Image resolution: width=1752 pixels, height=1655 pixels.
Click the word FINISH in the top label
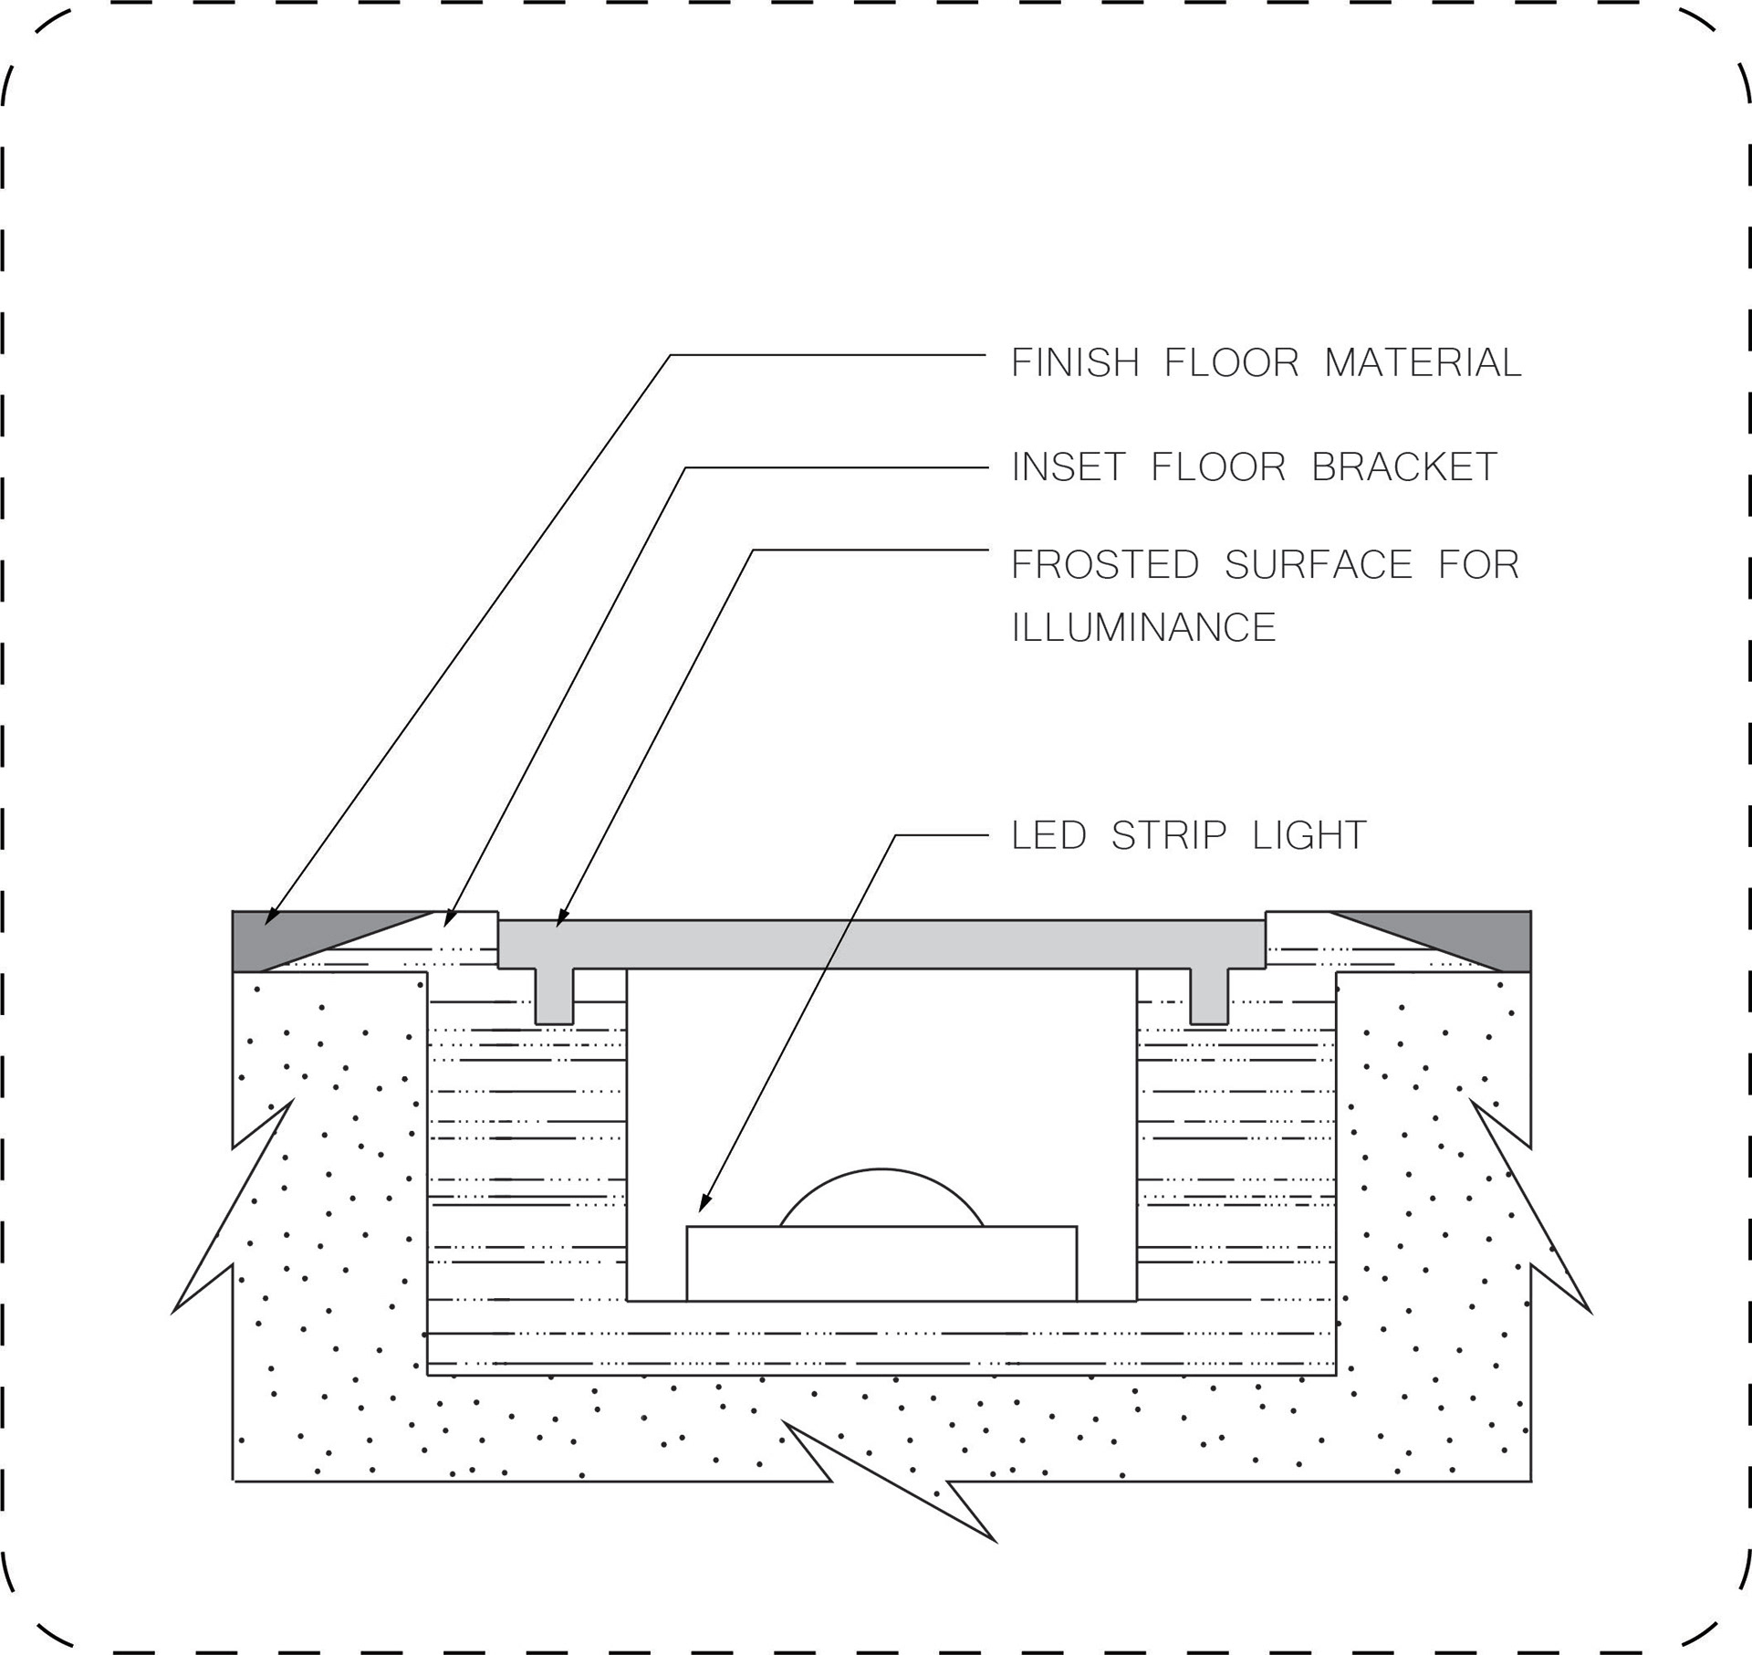(x=1075, y=363)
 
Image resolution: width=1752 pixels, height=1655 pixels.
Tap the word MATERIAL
(x=1423, y=363)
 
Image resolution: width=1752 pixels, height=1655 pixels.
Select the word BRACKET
(x=1404, y=467)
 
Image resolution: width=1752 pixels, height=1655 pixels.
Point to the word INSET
(x=1069, y=467)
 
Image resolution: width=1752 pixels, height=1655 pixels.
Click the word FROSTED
(x=1105, y=565)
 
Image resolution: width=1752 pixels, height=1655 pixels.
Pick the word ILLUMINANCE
(x=1143, y=628)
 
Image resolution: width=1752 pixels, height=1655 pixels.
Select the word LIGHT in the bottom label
(x=1309, y=835)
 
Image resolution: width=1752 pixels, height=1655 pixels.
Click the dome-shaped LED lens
(x=881, y=1200)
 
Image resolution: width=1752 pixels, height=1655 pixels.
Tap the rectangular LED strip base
(x=881, y=1263)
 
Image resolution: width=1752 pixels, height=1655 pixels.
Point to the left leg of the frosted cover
(x=554, y=996)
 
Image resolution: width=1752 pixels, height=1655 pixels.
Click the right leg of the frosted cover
(x=1209, y=996)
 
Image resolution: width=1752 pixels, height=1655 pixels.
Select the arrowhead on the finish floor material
(x=272, y=917)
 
